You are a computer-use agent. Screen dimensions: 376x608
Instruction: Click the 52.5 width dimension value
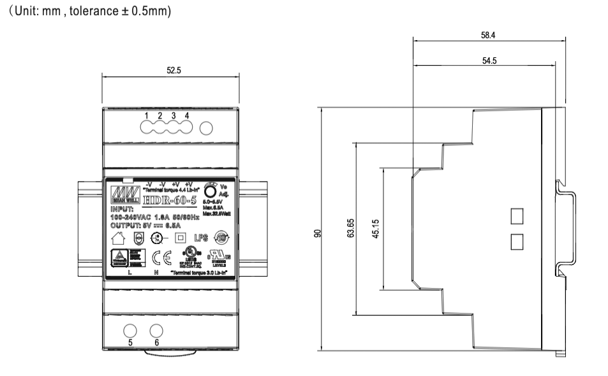click(x=173, y=71)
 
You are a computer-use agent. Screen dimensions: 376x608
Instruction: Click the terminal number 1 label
click(x=147, y=115)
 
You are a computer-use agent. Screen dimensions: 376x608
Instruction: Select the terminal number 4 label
click(x=186, y=115)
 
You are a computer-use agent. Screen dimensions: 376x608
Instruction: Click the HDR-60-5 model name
click(x=165, y=195)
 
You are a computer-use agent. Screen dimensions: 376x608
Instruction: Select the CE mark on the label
click(x=162, y=257)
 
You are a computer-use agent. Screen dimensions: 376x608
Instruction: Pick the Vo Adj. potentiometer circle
click(x=209, y=191)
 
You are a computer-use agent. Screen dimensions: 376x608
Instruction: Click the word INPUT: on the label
click(x=124, y=208)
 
